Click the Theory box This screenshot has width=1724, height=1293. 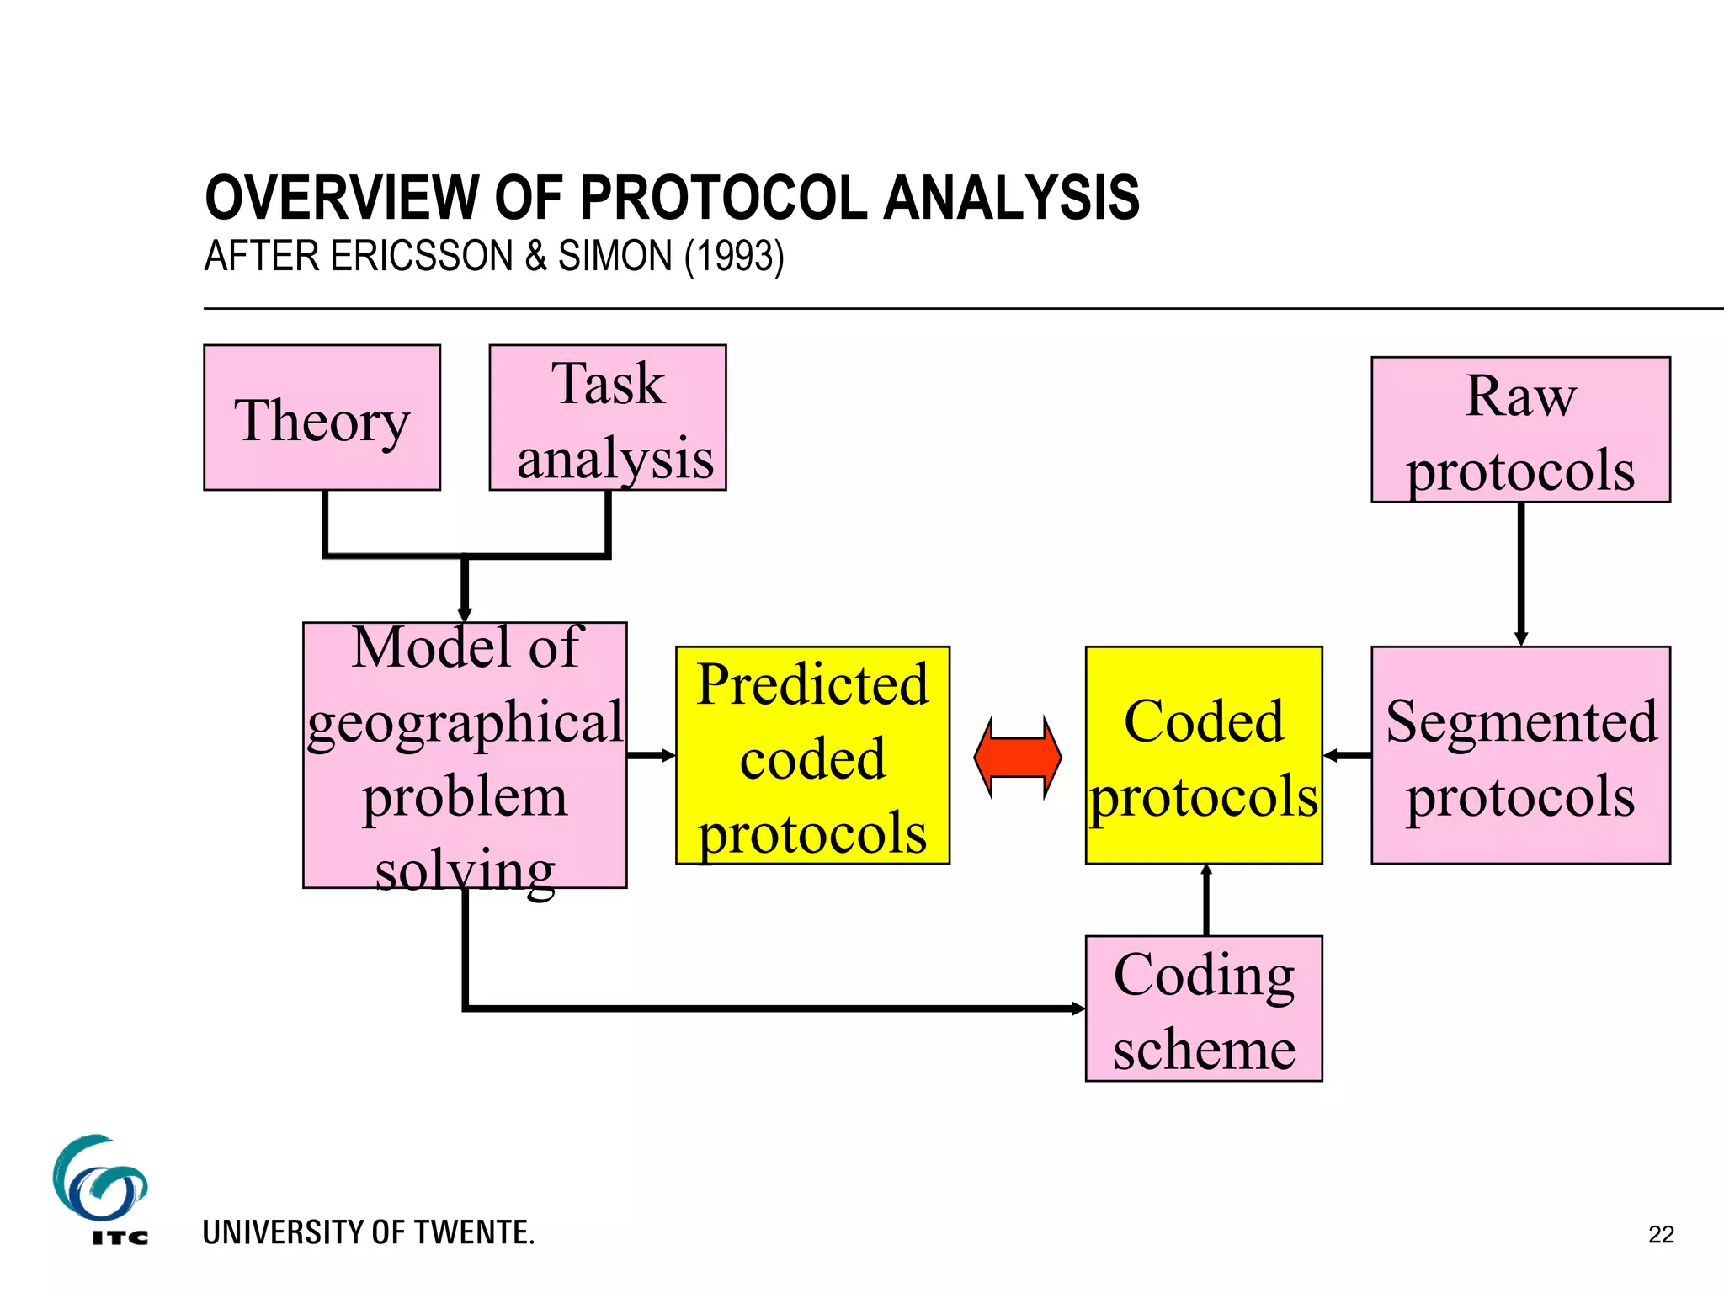(322, 418)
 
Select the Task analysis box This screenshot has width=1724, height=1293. (607, 418)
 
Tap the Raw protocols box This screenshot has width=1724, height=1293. (1520, 429)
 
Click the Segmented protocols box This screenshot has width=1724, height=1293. (1520, 755)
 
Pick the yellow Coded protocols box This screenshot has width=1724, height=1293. (1203, 755)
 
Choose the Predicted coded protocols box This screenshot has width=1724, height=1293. (812, 755)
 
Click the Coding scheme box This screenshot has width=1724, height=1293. (1203, 1008)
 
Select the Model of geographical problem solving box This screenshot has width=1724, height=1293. (465, 755)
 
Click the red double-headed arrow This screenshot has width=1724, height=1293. (1017, 757)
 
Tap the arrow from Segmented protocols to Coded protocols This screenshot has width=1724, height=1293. (1347, 755)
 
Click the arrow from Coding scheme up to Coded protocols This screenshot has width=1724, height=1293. (1206, 900)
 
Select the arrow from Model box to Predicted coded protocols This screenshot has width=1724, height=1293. (651, 755)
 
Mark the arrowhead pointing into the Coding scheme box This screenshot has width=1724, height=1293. (1077, 1008)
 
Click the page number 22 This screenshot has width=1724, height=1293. (1661, 1235)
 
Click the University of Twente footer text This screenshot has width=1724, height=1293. (369, 1232)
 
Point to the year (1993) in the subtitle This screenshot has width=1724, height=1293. (734, 256)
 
